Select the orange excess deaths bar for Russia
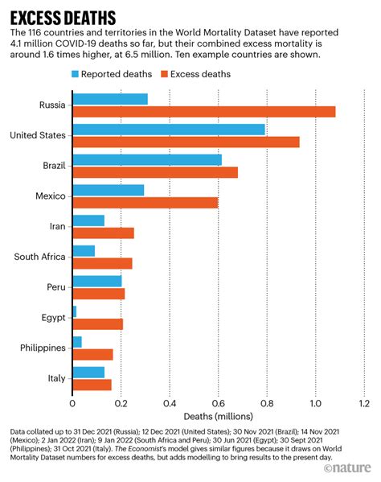[x=203, y=111]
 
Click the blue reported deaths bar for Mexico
[x=109, y=190]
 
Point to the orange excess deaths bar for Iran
[x=103, y=233]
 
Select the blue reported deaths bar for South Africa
[x=84, y=250]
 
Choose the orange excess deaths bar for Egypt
[x=97, y=324]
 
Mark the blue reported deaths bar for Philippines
[x=77, y=342]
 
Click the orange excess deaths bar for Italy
[x=92, y=385]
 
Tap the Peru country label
[x=53, y=287]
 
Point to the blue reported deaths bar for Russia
[x=109, y=99]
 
